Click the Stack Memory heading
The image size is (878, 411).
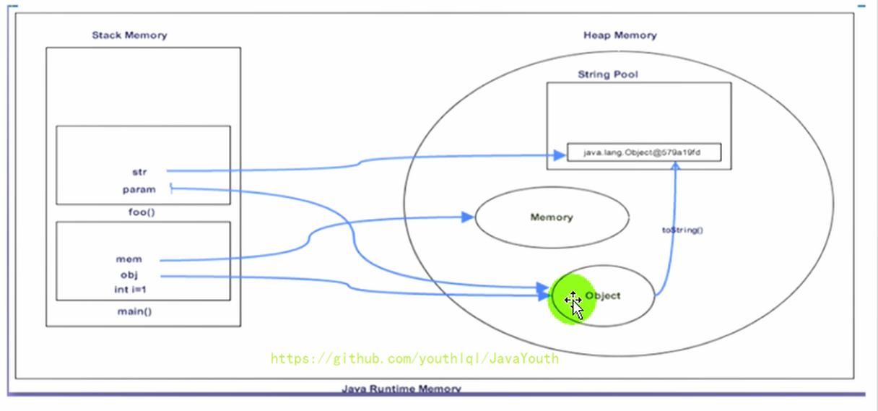point(129,35)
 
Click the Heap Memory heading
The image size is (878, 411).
point(620,35)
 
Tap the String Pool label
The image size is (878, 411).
point(608,74)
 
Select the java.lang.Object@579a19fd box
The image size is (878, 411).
point(643,153)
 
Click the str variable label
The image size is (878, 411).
point(139,172)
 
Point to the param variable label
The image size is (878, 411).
point(139,190)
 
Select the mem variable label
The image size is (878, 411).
point(129,259)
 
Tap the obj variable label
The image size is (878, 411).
point(129,275)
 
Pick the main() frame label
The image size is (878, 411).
point(139,311)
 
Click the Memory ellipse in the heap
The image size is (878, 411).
point(551,217)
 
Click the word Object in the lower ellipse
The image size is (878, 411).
point(603,295)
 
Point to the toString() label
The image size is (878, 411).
point(682,230)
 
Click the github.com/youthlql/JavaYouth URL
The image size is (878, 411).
point(414,358)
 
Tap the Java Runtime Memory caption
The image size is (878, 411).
point(401,389)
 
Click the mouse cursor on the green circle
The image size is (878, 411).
point(574,303)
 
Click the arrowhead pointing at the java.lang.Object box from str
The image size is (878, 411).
point(558,155)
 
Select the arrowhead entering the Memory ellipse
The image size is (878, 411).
point(468,215)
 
